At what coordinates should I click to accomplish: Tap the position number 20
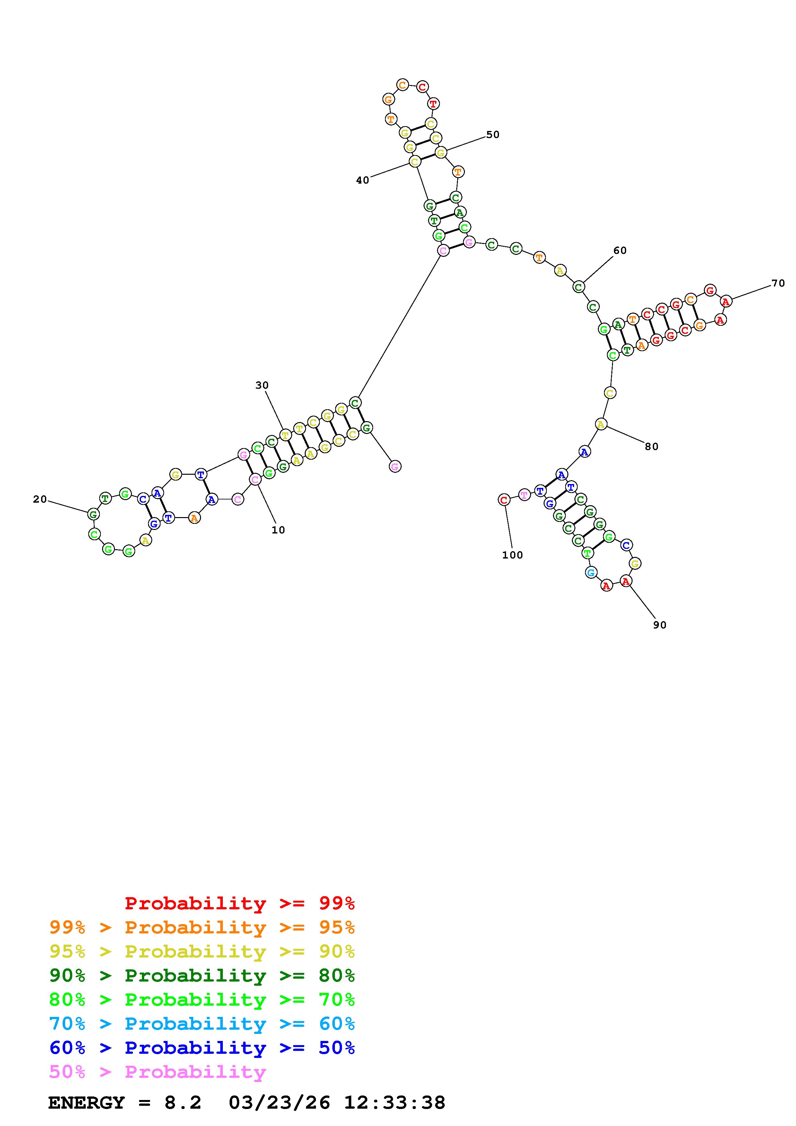[40, 499]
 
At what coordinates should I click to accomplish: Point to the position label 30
[262, 385]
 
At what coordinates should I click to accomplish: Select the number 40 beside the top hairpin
[363, 180]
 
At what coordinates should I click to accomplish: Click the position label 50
[493, 135]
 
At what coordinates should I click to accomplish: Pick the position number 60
[620, 251]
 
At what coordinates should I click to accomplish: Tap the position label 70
[778, 283]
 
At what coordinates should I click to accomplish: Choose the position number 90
[660, 625]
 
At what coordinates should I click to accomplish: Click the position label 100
[512, 555]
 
